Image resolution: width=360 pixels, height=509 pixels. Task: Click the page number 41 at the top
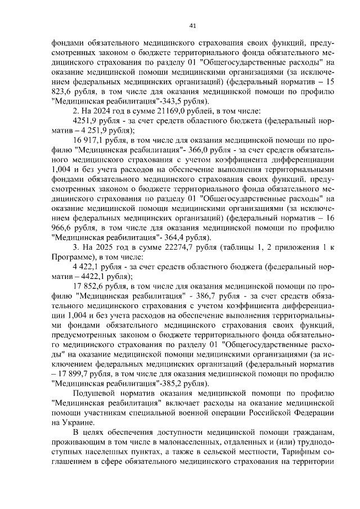pos(193,25)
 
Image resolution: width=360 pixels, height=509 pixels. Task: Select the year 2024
pos(98,111)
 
